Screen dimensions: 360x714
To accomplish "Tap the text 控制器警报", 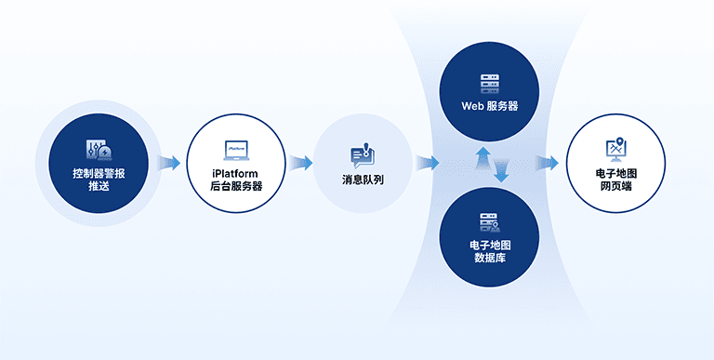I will (99, 173).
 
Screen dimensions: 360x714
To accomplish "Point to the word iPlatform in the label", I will (235, 173).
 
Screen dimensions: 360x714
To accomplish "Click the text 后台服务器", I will (235, 186).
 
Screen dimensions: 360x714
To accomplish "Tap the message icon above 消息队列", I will (362, 154).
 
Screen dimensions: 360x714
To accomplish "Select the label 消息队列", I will (362, 179).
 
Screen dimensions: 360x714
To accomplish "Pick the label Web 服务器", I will (489, 106).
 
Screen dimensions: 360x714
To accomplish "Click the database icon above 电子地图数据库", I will (489, 223).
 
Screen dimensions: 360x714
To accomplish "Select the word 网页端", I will (615, 186).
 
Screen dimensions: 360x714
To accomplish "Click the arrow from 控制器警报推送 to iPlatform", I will (168, 164).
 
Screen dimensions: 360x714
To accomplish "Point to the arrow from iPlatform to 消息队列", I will (299, 164).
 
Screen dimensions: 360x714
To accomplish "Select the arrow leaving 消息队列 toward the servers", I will (427, 164).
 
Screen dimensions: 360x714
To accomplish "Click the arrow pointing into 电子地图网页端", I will (548, 164).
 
